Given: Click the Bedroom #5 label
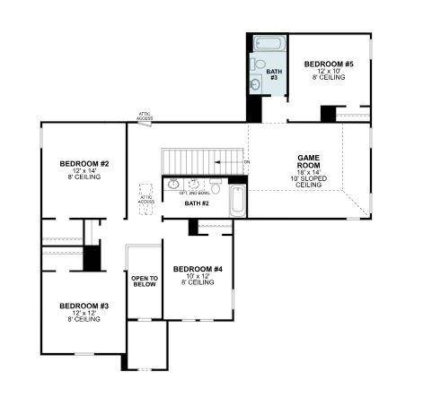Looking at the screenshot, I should [329, 64].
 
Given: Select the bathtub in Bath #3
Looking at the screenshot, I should [266, 43].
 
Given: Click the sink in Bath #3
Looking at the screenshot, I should [256, 84].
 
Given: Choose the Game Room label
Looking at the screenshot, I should [309, 161].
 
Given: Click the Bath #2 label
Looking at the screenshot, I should [197, 203].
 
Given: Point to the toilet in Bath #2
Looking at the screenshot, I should [216, 186].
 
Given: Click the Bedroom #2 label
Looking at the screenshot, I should [84, 163].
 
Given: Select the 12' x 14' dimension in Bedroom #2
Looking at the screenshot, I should [84, 170].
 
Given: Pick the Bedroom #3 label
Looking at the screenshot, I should [84, 306].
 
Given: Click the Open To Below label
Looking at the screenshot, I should [145, 282].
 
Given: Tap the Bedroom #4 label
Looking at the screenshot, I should [198, 269].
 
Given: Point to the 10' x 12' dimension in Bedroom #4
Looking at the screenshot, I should [198, 276].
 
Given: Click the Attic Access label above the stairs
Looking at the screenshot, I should [145, 116].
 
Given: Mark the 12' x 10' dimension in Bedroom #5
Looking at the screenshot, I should [329, 71].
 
